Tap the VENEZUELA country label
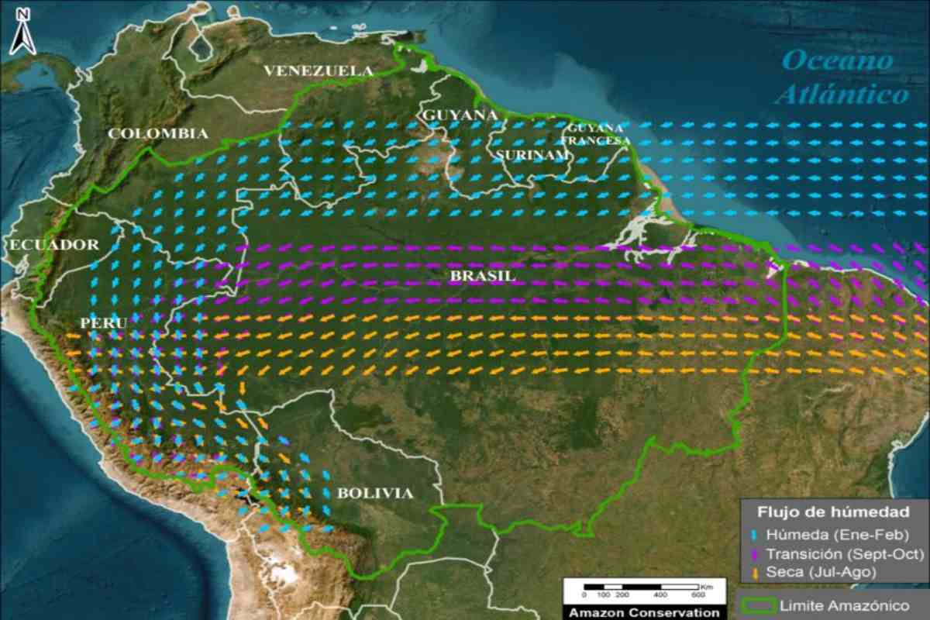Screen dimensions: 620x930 (x=319, y=71)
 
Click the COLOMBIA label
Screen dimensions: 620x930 (x=158, y=133)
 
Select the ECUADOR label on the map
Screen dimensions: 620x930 (x=54, y=245)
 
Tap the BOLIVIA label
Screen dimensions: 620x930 (x=375, y=493)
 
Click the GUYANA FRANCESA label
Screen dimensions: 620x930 (x=595, y=134)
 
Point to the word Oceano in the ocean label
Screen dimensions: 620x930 (x=836, y=60)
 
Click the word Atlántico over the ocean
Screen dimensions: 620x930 (x=842, y=95)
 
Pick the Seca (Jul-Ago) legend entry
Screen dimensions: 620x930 (x=822, y=572)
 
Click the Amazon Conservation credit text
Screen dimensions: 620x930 (x=643, y=612)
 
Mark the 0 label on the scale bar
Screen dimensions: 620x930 (x=584, y=595)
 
